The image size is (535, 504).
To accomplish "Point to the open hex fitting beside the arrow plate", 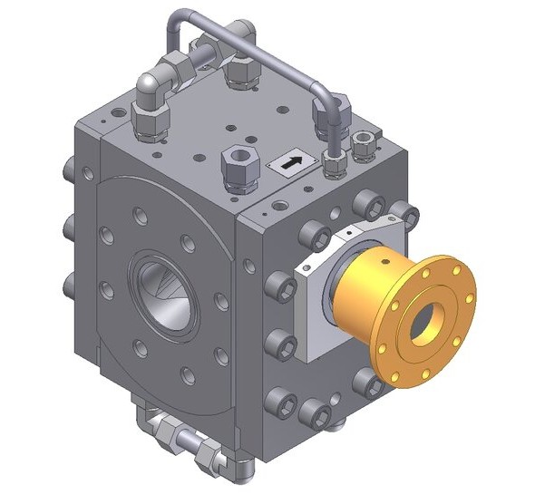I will [x=237, y=161].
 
